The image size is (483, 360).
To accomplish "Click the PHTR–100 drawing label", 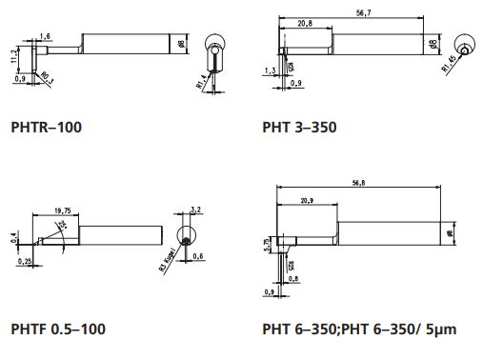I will click(46, 126).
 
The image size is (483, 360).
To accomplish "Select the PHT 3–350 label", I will click(299, 126).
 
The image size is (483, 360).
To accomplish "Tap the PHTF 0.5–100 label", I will click(57, 329).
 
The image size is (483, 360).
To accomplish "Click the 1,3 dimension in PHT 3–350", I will click(271, 71).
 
